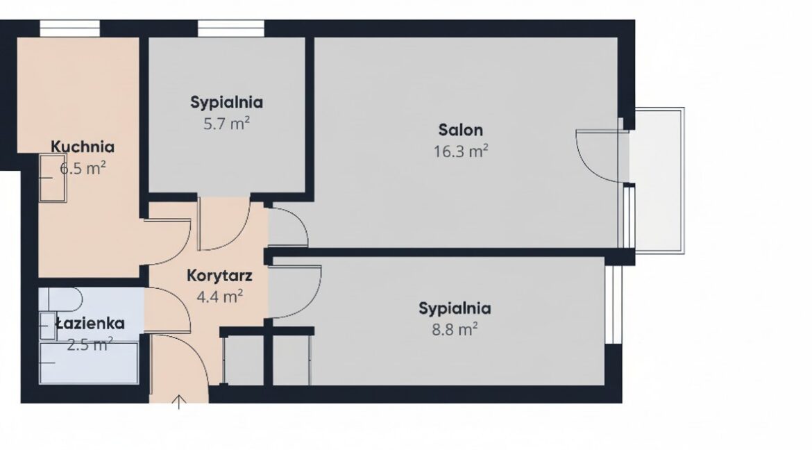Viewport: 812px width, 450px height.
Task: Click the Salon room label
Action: point(460,130)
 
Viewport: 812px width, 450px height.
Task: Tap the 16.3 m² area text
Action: point(460,151)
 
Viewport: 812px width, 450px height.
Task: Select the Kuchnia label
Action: point(83,147)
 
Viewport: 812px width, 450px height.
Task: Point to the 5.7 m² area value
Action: point(226,124)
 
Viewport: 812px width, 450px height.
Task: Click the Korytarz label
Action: point(219,275)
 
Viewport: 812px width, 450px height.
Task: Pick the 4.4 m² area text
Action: point(219,297)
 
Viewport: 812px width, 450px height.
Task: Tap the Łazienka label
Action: point(90,324)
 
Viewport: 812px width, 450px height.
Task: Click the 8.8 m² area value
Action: point(455,329)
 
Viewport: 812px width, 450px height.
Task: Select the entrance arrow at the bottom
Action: point(178,402)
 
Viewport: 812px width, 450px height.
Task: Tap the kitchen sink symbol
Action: point(53,178)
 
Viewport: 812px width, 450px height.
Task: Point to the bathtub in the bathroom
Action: point(89,363)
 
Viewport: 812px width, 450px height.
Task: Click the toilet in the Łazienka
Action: point(61,299)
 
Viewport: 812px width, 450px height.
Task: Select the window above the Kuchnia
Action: point(70,28)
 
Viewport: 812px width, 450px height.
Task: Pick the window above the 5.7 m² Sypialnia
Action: point(231,28)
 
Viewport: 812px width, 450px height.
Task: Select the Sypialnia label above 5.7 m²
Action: point(226,102)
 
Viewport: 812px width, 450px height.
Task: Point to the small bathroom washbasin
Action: point(48,326)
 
